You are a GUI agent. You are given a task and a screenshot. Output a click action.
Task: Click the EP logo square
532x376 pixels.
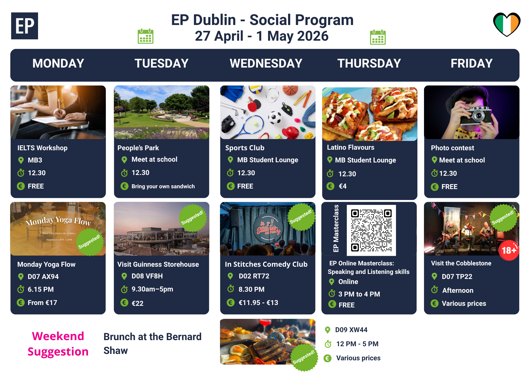click(24, 26)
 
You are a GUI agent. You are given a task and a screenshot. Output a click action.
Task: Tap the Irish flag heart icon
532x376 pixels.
click(507, 24)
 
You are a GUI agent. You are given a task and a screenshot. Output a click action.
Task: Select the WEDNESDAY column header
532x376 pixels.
click(266, 63)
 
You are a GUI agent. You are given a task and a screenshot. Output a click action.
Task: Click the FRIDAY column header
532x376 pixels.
click(472, 63)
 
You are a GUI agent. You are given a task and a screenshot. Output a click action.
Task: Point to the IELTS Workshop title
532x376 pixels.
click(43, 148)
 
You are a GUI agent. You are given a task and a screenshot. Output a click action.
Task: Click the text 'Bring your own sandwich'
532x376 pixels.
click(163, 186)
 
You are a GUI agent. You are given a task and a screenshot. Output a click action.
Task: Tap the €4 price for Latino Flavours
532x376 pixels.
click(343, 186)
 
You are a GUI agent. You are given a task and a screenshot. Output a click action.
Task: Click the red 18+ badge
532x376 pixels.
click(509, 250)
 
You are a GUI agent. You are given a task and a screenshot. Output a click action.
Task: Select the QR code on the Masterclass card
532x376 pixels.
click(371, 230)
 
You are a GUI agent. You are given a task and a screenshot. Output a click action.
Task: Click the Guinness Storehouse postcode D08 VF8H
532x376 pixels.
click(147, 276)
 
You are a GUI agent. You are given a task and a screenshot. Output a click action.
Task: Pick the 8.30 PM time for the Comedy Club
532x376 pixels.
click(252, 289)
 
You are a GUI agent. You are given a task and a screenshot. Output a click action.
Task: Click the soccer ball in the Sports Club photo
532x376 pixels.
click(275, 118)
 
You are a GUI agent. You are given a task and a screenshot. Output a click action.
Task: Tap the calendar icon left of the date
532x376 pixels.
click(146, 36)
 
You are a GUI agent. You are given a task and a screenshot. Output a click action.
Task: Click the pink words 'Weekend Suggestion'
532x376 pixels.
click(58, 344)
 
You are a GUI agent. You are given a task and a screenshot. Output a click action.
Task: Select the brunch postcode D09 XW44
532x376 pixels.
click(351, 330)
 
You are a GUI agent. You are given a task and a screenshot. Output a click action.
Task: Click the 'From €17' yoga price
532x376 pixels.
click(42, 303)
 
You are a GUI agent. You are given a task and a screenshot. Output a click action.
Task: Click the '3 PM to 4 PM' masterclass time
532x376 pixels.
click(359, 294)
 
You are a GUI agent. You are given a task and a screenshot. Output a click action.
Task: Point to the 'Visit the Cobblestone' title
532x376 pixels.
click(461, 263)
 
